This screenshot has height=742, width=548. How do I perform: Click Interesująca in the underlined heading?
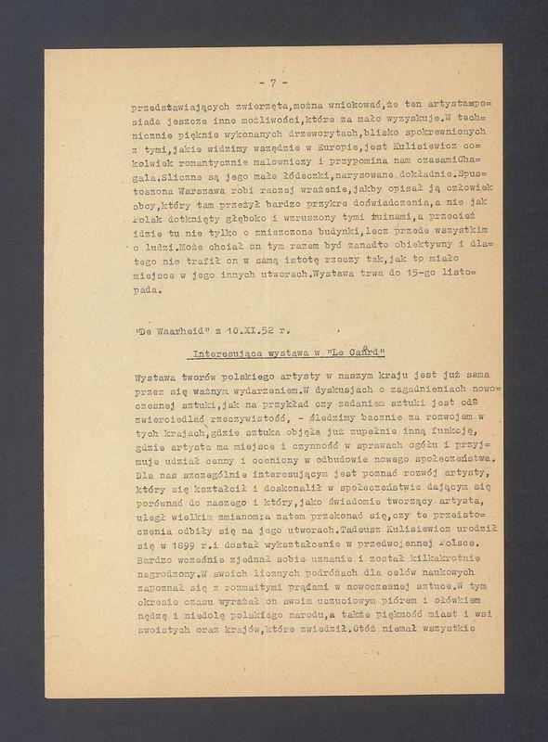228,354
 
